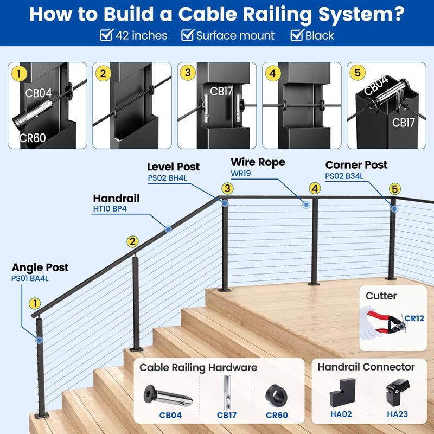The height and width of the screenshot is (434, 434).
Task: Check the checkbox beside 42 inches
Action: click(106, 36)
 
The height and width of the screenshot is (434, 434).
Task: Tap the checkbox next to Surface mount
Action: click(187, 36)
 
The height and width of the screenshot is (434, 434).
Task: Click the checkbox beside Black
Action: click(296, 36)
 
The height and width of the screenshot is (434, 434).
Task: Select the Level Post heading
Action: click(173, 167)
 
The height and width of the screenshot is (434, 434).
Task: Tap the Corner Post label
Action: click(356, 165)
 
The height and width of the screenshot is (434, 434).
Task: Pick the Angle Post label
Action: click(40, 267)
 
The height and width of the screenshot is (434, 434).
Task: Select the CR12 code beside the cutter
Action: click(414, 318)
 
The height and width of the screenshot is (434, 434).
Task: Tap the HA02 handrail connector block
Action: click(340, 392)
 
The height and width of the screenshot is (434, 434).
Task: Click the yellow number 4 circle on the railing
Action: click(315, 188)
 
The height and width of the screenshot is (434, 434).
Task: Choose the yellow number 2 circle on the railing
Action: click(132, 242)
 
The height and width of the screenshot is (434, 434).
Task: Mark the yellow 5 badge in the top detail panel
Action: click(357, 73)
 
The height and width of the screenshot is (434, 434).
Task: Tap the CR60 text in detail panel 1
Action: click(33, 138)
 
